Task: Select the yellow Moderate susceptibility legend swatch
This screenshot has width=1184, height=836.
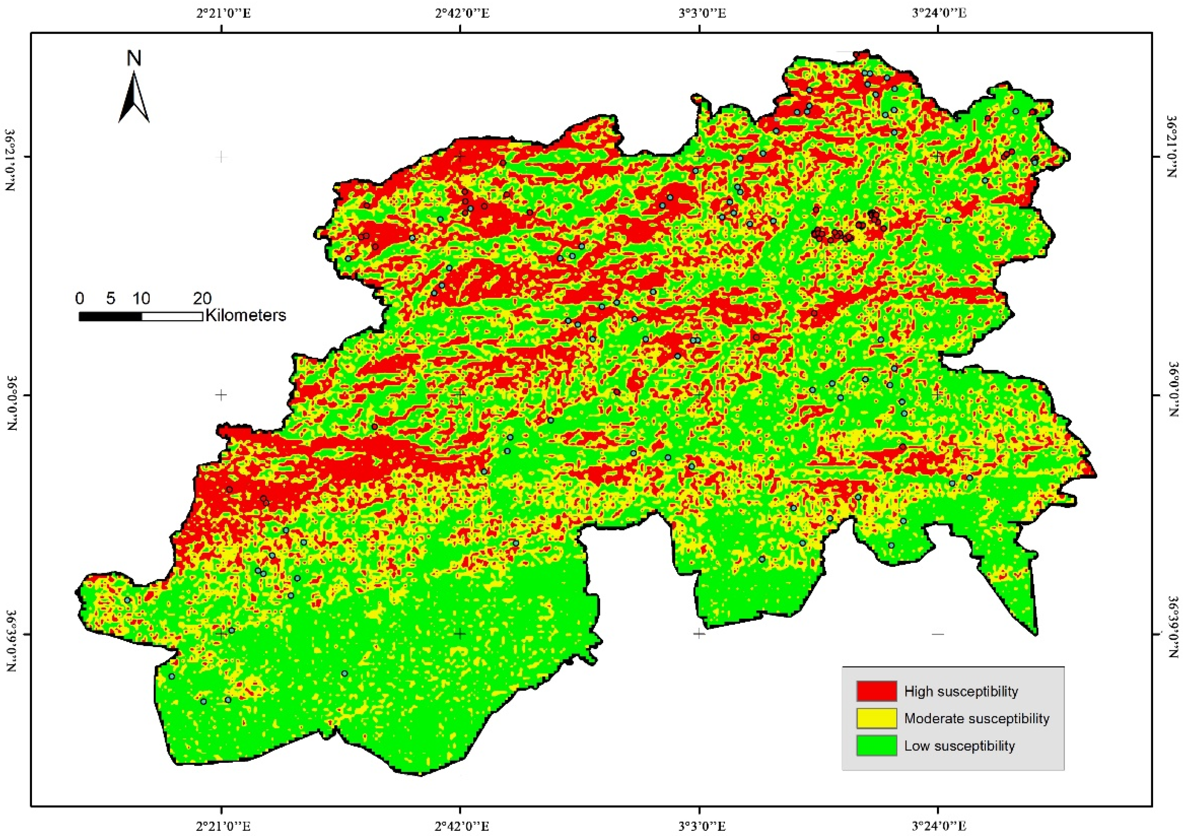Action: pos(877,718)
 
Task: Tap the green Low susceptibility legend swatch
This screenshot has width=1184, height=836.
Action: pos(877,746)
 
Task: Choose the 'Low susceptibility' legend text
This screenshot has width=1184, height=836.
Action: pos(959,746)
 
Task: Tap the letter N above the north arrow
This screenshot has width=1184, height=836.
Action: pos(134,59)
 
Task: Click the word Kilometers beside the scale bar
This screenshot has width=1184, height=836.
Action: pos(246,315)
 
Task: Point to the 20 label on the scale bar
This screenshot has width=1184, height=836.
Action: pos(202,298)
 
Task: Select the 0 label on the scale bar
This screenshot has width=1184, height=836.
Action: pos(79,298)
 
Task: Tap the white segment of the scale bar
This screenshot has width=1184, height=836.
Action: pos(172,316)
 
